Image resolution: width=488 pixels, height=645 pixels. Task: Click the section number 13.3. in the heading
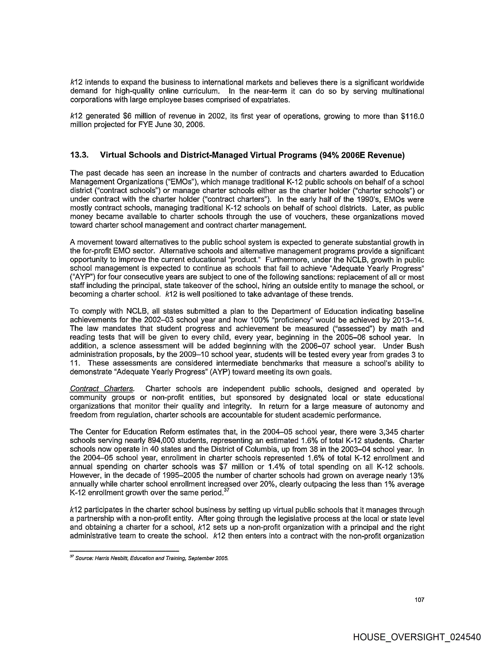click(x=79, y=155)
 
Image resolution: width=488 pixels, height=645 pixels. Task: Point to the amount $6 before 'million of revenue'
click(x=128, y=116)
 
